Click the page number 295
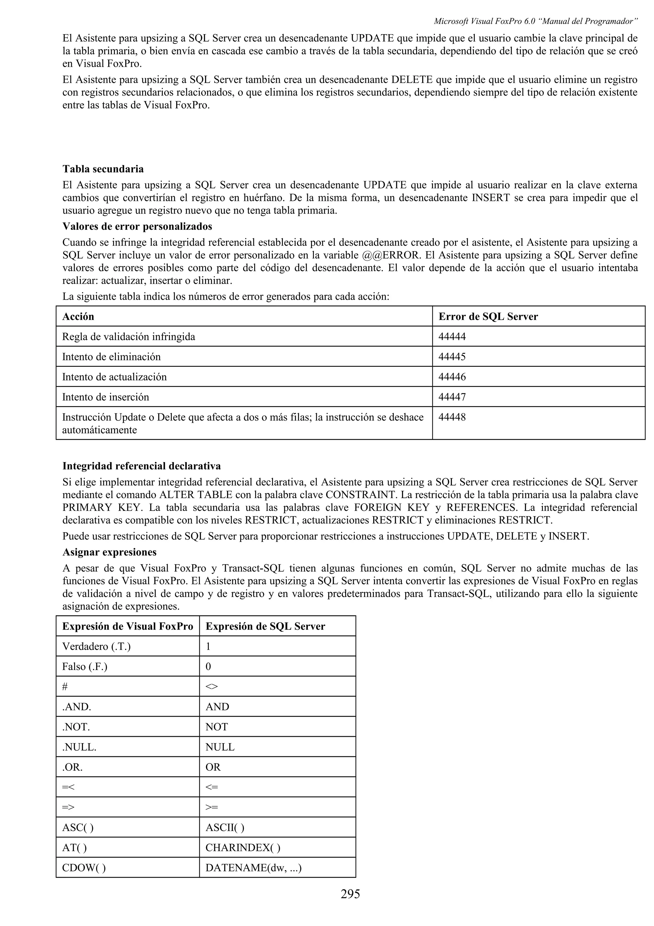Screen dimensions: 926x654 (x=350, y=894)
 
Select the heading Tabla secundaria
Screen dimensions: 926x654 (x=103, y=169)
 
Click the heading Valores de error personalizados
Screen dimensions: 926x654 (x=137, y=226)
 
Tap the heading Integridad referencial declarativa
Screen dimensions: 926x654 (x=141, y=466)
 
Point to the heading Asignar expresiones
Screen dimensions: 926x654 (x=109, y=552)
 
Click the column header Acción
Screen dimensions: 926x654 (x=78, y=316)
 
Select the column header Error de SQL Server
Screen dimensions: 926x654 (x=488, y=316)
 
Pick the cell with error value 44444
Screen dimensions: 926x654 (x=452, y=336)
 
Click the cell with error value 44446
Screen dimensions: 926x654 (x=452, y=377)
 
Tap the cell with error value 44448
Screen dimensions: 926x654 (x=452, y=417)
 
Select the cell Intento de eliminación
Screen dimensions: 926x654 (x=111, y=357)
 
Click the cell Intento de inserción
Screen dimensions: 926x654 (x=106, y=397)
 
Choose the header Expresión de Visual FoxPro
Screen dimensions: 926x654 (x=128, y=626)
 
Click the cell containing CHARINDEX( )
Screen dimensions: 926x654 (x=243, y=847)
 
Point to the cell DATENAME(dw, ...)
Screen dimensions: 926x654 (x=254, y=868)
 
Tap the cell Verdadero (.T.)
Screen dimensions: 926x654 (x=96, y=646)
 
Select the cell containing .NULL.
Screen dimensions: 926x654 (x=80, y=747)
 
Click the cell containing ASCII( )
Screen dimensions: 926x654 (x=224, y=827)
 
